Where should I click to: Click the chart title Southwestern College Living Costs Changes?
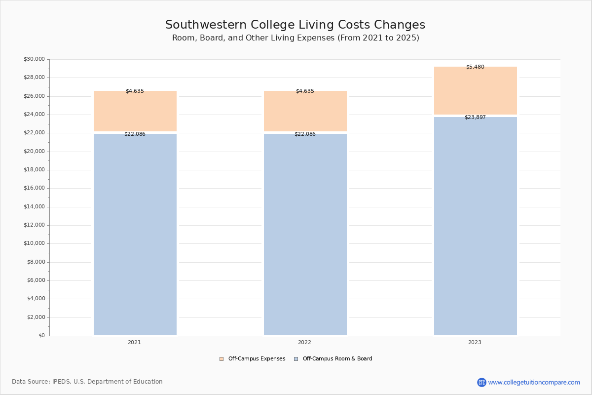click(x=295, y=25)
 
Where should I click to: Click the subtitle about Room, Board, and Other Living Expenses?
click(x=296, y=38)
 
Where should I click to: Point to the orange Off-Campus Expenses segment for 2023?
click(x=476, y=91)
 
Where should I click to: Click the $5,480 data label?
click(x=475, y=67)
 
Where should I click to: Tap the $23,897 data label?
click(x=475, y=118)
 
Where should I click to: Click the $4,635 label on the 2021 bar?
click(x=135, y=91)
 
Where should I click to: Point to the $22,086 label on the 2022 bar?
click(x=305, y=134)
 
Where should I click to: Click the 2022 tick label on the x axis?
click(x=304, y=343)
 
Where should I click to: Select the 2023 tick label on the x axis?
click(x=475, y=343)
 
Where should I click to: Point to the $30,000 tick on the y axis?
click(x=34, y=59)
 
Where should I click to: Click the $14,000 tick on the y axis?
click(x=34, y=207)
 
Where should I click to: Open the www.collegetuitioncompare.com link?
click(x=534, y=382)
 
